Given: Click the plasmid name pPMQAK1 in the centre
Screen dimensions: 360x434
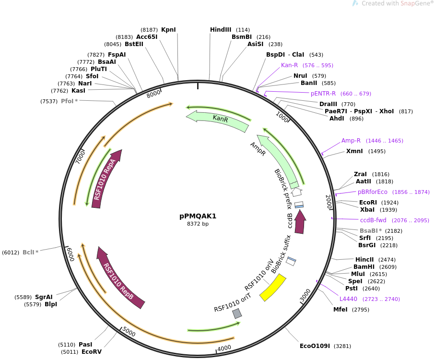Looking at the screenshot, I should [198, 216].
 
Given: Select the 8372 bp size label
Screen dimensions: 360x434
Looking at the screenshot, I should [198, 224].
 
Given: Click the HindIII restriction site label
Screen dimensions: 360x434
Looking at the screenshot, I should [221, 30].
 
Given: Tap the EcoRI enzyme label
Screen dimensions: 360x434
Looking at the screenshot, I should [368, 203].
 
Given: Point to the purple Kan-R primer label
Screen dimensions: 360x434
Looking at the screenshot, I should [289, 65].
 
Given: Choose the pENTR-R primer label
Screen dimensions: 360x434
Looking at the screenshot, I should [323, 94].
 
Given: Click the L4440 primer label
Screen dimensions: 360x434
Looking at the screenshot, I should [348, 299].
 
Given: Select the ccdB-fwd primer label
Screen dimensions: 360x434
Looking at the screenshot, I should [373, 220].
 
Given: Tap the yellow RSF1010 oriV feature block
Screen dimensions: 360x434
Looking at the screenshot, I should [273, 288].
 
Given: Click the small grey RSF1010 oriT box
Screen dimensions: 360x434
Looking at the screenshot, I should [237, 313].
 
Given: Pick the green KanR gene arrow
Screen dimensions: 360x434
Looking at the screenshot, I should [218, 120].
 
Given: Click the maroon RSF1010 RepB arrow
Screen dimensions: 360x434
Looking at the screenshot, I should [120, 278].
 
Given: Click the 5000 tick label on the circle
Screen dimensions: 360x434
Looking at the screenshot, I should [129, 332].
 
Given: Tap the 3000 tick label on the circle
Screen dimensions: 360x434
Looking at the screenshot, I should [305, 295].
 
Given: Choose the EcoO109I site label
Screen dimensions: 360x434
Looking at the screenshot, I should [315, 346].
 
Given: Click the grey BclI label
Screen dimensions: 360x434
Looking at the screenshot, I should [29, 252].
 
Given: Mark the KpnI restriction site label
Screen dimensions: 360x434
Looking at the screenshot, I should [168, 30].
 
